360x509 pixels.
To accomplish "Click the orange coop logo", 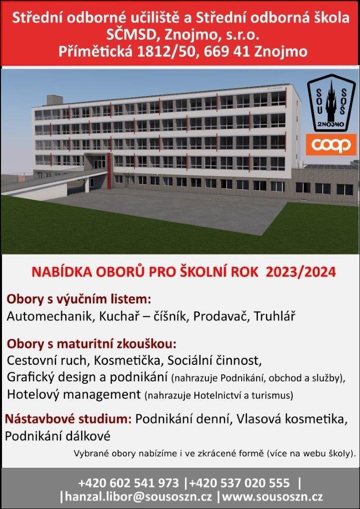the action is pos(331,145).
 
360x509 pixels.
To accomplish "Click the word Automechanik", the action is pos(49,317).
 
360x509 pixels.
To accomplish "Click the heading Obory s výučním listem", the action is pos(79,299).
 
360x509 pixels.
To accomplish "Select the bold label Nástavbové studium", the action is pos(68,420).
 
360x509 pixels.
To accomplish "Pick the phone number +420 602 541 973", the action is pos(129,483).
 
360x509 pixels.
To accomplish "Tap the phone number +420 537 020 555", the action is pos(239,483).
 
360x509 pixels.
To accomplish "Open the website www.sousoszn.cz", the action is pos(272,497).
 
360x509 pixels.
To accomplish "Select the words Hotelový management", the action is pos(74,394).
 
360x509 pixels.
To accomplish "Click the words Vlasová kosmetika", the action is pos(292,420).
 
